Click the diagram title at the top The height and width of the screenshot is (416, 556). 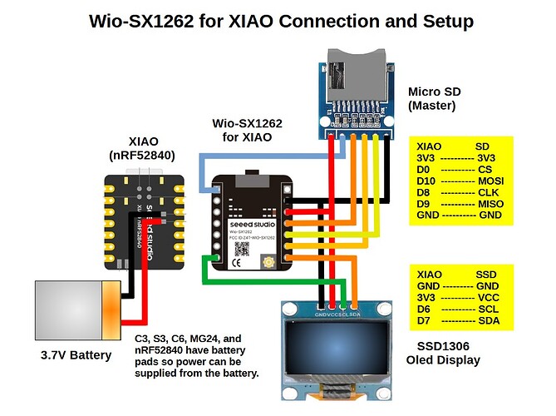click(x=281, y=21)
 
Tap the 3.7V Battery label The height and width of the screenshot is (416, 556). click(x=76, y=356)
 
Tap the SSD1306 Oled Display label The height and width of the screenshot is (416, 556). click(x=443, y=354)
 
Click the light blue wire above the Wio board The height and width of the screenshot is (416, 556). click(x=249, y=156)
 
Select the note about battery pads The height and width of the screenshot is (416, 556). click(x=198, y=356)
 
